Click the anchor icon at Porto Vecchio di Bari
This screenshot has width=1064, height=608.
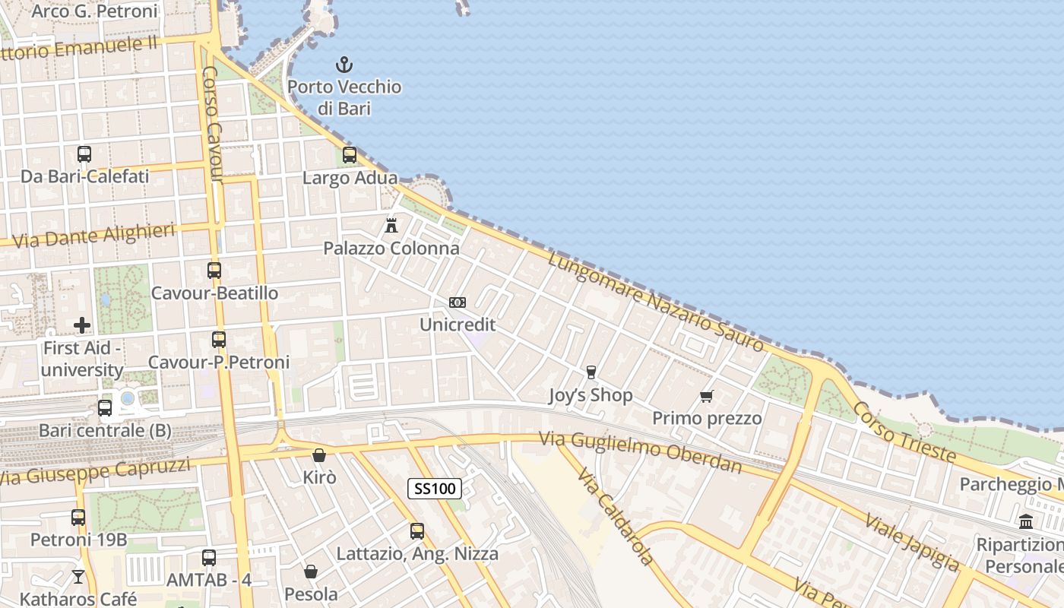click(x=344, y=65)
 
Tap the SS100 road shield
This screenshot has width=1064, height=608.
click(x=435, y=488)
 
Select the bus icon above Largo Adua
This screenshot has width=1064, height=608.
click(x=350, y=155)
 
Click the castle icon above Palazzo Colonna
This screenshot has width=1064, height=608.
click(x=391, y=225)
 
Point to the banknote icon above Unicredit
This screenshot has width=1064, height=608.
click(x=458, y=302)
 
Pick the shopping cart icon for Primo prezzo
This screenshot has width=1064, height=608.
click(x=707, y=396)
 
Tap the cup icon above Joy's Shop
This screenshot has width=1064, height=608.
click(x=591, y=372)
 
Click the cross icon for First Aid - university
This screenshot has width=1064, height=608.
click(x=82, y=325)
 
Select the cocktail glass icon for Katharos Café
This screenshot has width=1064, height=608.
click(x=78, y=577)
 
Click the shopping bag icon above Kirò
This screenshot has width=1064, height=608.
click(x=319, y=455)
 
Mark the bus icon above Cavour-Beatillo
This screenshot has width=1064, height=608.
click(x=214, y=271)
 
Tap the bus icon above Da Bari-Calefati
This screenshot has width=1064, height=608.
click(x=84, y=154)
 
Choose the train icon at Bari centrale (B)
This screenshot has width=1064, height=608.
click(x=105, y=408)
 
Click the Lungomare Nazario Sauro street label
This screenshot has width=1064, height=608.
click(x=656, y=302)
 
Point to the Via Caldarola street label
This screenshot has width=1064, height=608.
click(x=615, y=517)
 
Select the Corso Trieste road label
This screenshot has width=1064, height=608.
click(x=904, y=431)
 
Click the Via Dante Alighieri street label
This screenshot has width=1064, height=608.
click(x=95, y=236)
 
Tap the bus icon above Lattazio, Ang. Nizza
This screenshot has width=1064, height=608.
click(x=417, y=531)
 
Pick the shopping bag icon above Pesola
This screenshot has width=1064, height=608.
click(x=311, y=572)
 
